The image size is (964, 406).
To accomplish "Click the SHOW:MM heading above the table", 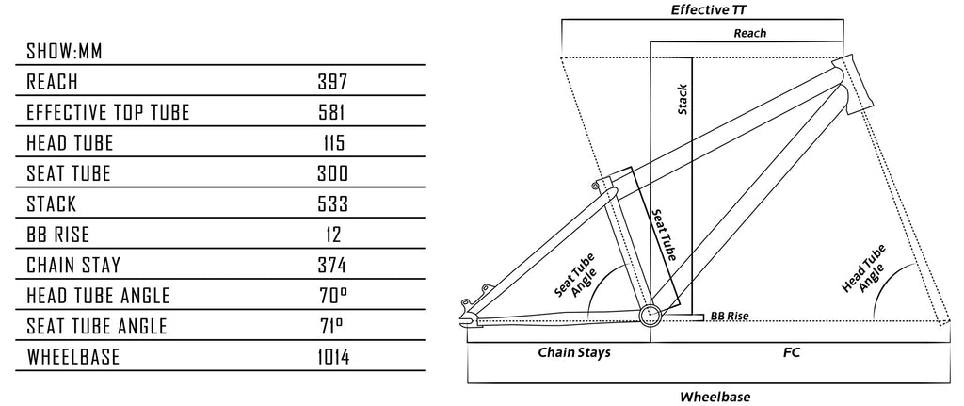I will tap(64, 51).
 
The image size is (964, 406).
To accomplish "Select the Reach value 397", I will tap(333, 82).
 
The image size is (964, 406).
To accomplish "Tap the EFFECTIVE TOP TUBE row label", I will tap(108, 113).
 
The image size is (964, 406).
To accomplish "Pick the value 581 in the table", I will tap(333, 113).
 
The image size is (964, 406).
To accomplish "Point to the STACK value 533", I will tap(333, 204).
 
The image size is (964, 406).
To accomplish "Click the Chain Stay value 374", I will tap(333, 266).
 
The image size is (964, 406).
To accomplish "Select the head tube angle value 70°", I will tap(333, 296).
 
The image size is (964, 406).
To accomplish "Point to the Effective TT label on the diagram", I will tap(702, 10).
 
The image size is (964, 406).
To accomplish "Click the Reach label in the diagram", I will tap(749, 33).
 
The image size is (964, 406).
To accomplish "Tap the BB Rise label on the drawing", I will tap(730, 317).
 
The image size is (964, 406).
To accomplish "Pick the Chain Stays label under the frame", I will tap(574, 353).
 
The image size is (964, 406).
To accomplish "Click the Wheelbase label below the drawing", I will tap(715, 397).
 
